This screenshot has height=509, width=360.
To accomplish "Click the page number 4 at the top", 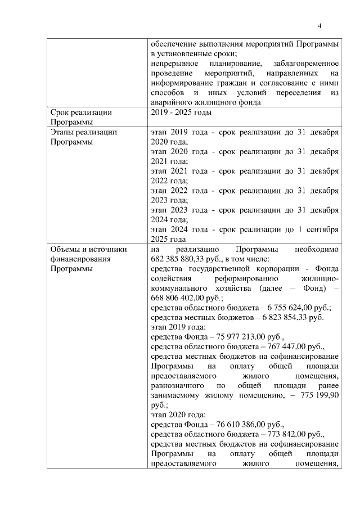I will tap(319, 26).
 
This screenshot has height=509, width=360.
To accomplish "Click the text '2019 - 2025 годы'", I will tap(181, 112).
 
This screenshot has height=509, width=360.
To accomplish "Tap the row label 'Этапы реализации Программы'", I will tap(83, 137).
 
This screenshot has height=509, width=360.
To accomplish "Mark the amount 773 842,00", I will tap(281, 434).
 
